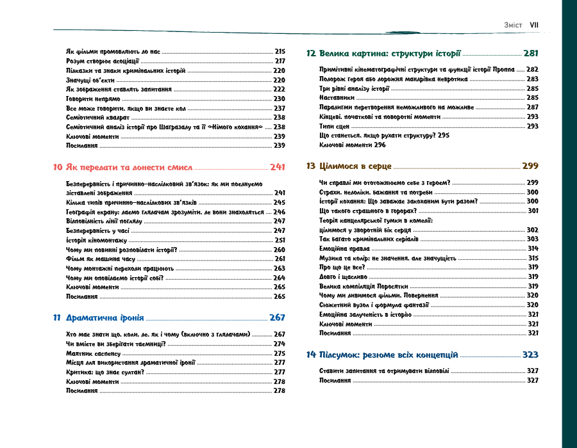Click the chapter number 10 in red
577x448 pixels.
click(57, 167)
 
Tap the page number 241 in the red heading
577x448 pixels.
click(277, 167)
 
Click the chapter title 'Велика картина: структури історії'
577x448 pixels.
click(389, 54)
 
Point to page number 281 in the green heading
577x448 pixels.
click(530, 54)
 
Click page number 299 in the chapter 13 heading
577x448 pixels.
click(530, 166)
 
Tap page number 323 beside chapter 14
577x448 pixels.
click(530, 354)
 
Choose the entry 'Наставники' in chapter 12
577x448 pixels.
click(337, 97)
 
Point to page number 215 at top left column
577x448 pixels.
click(280, 51)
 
